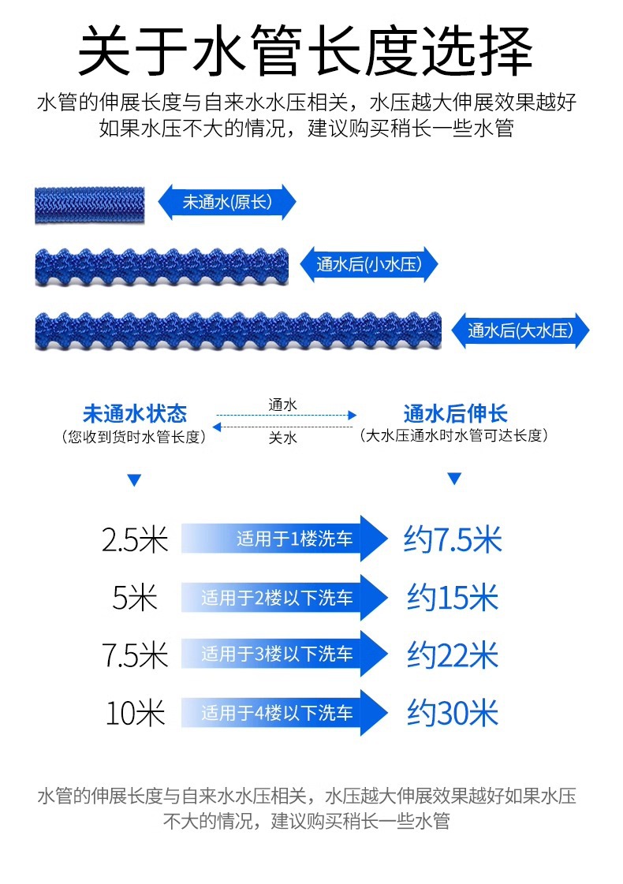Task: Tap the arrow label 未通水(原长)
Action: [x=227, y=203]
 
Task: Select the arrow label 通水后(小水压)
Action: [x=369, y=265]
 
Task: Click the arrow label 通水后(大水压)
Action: [x=520, y=330]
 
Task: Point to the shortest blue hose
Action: [x=89, y=204]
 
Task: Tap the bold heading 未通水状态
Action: [x=135, y=413]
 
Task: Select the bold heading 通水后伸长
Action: [x=455, y=413]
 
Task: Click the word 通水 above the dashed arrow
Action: [x=283, y=405]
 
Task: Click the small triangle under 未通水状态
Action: [x=134, y=479]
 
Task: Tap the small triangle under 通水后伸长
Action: [x=453, y=479]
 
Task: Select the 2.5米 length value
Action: [x=135, y=540]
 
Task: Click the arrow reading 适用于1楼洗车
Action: [x=285, y=539]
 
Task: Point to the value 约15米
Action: [x=453, y=598]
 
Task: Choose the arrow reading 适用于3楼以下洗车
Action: [x=285, y=655]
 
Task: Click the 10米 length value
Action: [x=135, y=714]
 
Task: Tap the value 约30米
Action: [x=453, y=714]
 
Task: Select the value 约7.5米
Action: [x=453, y=540]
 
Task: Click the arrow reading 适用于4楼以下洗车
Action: [x=285, y=714]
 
